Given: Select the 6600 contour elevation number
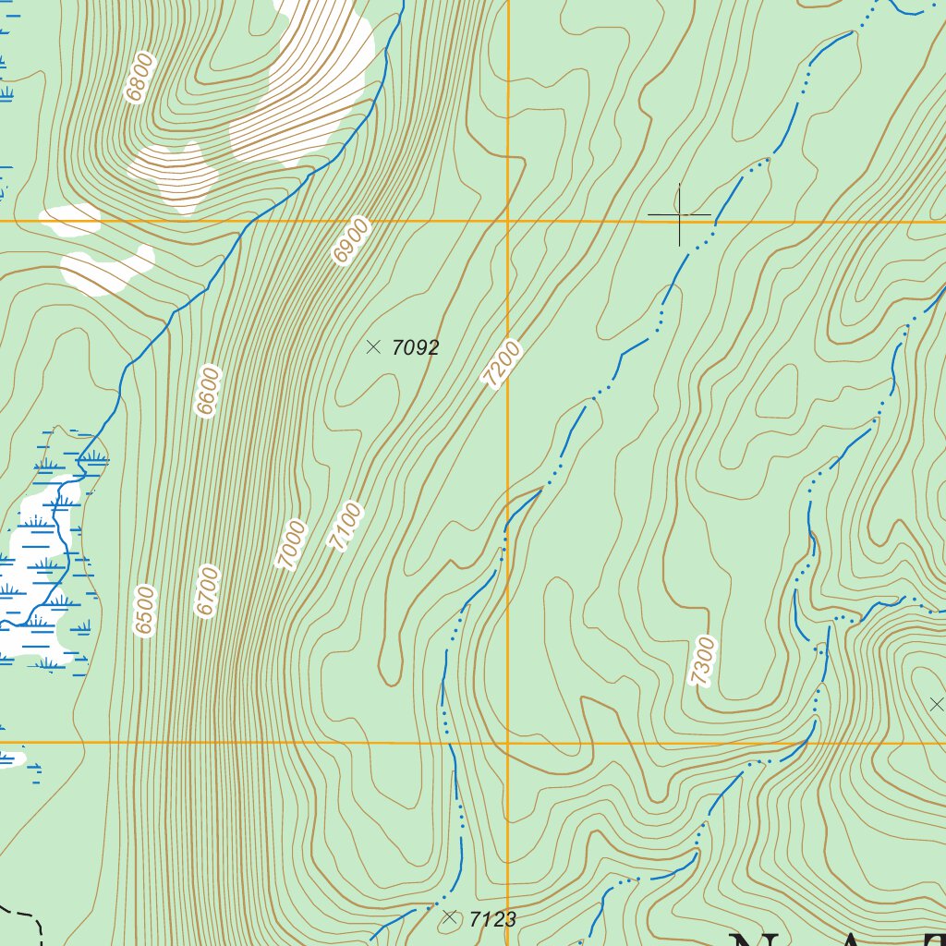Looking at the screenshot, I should tap(208, 393).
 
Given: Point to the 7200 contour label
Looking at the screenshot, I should tap(502, 364).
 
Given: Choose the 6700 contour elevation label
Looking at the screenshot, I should tap(208, 591).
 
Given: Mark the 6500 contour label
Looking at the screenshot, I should tap(145, 611).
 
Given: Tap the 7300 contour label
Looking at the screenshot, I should tap(703, 661).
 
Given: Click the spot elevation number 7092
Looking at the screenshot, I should tap(415, 348).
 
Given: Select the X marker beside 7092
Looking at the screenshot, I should tap(373, 347).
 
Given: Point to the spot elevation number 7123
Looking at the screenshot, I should tap(492, 919).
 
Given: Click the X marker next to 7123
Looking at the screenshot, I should tap(450, 917).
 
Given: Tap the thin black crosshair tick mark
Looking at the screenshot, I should tap(679, 215).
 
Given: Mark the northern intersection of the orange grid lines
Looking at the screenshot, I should tap(507, 222).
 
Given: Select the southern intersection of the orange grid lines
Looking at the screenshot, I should tap(507, 743).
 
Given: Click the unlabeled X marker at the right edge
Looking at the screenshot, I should tap(936, 705).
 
